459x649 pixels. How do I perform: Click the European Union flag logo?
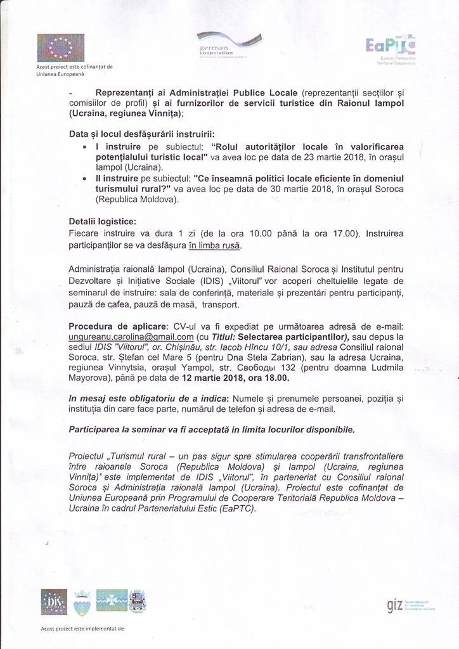pyautogui.click(x=60, y=48)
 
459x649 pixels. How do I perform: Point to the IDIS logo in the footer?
pyautogui.click(x=54, y=601)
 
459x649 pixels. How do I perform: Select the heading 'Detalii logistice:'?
pyautogui.click(x=102, y=222)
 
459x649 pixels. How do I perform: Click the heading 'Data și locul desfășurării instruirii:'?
pyautogui.click(x=143, y=134)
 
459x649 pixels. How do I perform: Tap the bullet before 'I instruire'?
pyautogui.click(x=85, y=147)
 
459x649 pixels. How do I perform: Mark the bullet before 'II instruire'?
pyautogui.click(x=85, y=179)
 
